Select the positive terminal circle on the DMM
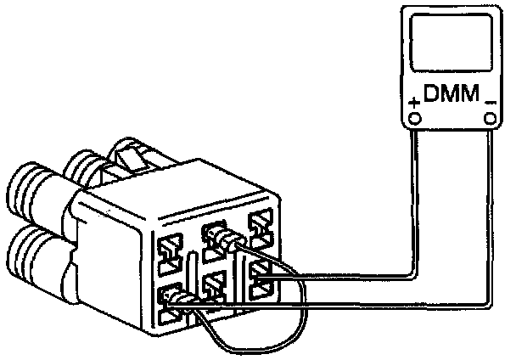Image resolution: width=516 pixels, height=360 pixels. pyautogui.click(x=414, y=119)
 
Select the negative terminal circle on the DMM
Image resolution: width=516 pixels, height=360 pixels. pyautogui.click(x=490, y=119)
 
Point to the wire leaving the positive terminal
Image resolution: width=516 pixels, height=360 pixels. pyautogui.click(x=413, y=212)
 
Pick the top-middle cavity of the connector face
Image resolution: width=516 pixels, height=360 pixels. pyautogui.click(x=214, y=233)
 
